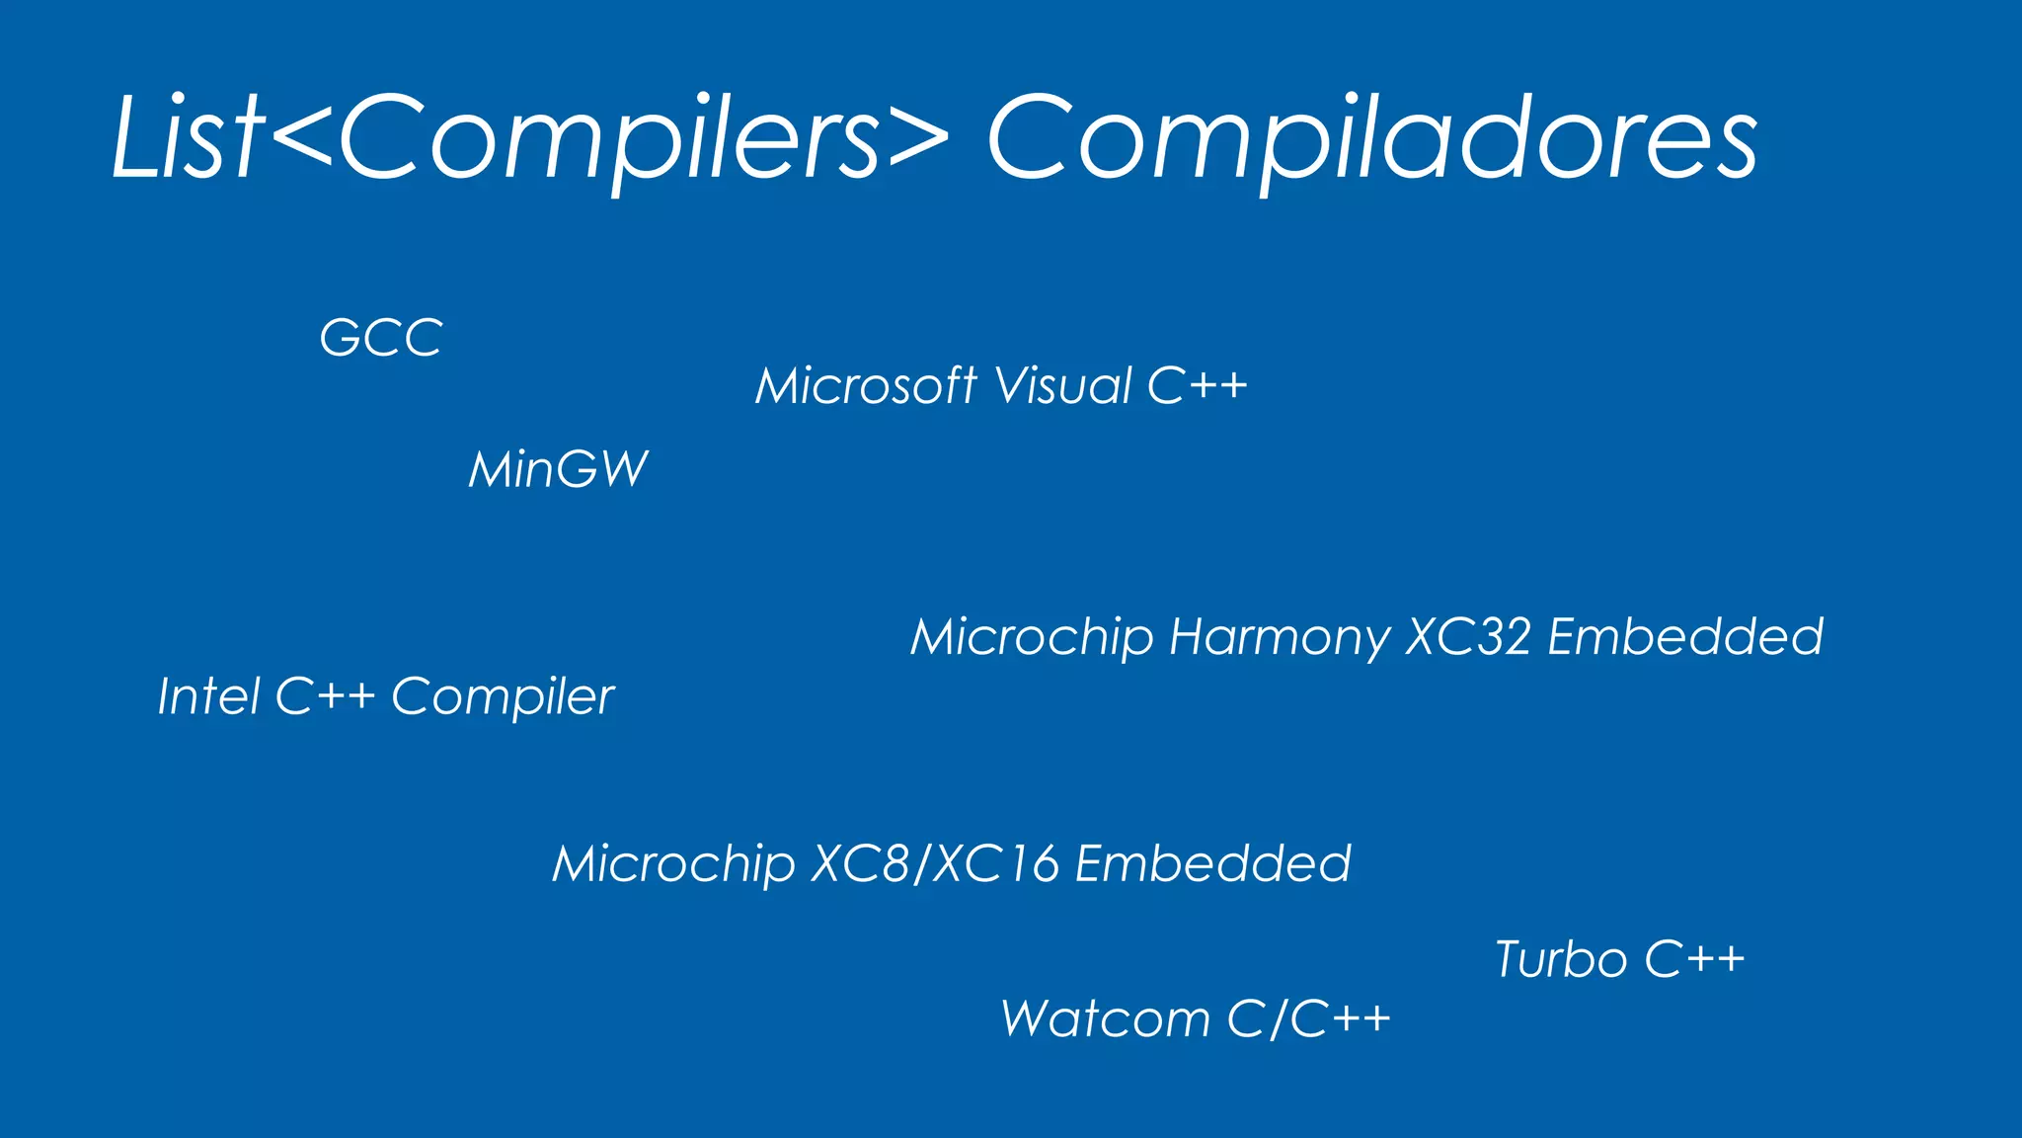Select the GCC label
[381, 339]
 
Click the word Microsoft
[866, 385]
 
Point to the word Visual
[1063, 385]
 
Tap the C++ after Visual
[1198, 385]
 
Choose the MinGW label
[559, 469]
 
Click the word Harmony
[1280, 637]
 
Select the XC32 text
[1468, 637]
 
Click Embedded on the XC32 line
[1685, 637]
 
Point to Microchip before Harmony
[1032, 637]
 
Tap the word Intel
[208, 696]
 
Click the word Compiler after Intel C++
[503, 698]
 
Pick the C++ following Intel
[325, 696]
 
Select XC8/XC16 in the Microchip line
[935, 864]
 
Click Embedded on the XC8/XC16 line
[1212, 864]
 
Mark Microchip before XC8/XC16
[673, 864]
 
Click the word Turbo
[1561, 959]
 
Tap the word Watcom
[1105, 1018]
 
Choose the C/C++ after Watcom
[1309, 1018]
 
